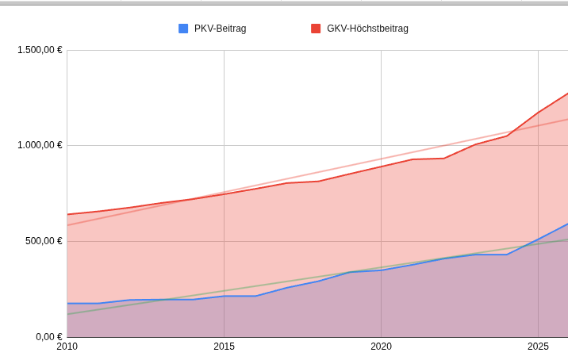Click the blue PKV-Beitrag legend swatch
[183, 29]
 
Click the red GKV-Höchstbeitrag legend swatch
[316, 29]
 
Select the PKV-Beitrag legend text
[220, 29]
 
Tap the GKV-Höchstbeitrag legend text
[367, 29]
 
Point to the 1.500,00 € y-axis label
[40, 50]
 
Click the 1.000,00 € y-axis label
[40, 145]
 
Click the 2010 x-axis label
[67, 347]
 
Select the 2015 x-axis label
[224, 347]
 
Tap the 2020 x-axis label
[381, 347]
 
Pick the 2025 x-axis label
[538, 347]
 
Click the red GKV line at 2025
[538, 113]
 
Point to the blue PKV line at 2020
[381, 270]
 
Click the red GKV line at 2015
[224, 193]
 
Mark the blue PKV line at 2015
[224, 296]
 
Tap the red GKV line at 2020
[381, 167]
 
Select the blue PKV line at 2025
[538, 239]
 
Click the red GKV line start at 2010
[68, 214]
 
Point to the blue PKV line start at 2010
[68, 303]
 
